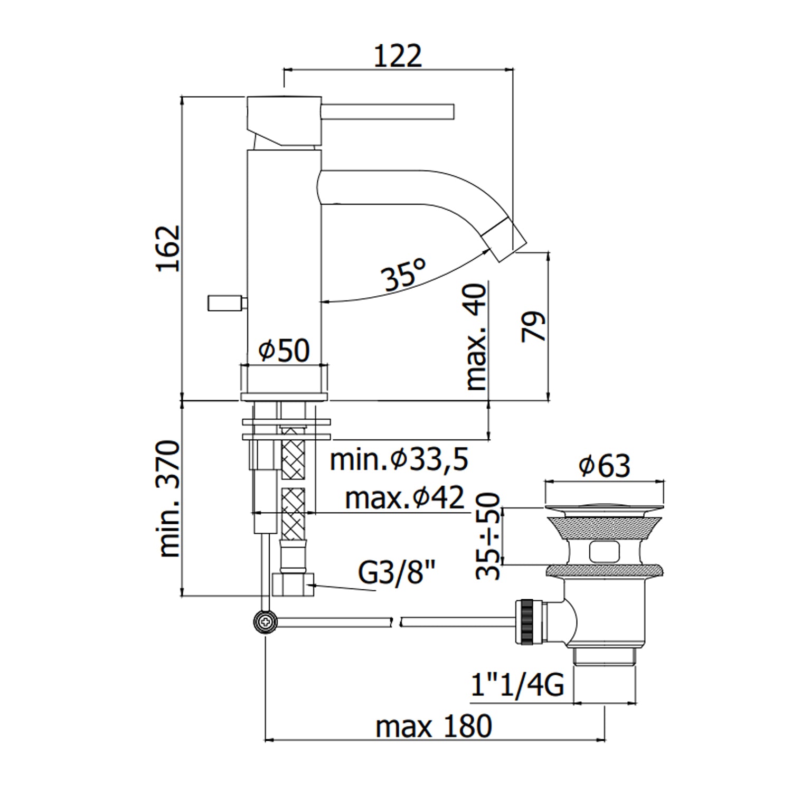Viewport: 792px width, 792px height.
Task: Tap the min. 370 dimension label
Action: point(170,498)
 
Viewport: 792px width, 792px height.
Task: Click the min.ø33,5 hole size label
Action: point(399,459)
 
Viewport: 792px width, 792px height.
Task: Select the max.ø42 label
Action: point(404,497)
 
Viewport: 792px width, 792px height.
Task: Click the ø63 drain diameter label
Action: point(605,466)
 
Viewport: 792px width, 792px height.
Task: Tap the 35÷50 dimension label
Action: point(487,536)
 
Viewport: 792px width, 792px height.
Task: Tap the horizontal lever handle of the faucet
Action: point(388,112)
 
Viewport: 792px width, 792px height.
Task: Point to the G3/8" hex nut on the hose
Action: point(293,584)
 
